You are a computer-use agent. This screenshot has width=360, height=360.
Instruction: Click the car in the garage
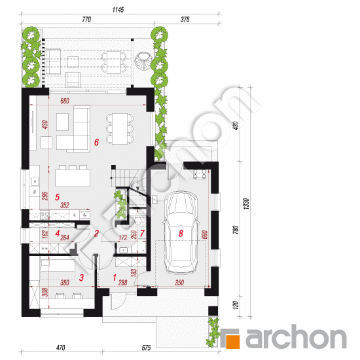point(181,232)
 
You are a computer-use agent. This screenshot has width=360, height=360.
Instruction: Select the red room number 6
point(96,142)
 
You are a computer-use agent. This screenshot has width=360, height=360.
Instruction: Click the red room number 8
point(181,234)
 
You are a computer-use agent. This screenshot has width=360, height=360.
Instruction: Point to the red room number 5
point(57,197)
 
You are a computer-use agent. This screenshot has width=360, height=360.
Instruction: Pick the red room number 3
point(81,278)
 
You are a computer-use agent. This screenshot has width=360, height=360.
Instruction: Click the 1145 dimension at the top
point(118,10)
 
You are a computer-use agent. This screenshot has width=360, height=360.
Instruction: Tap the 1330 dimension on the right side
point(246,204)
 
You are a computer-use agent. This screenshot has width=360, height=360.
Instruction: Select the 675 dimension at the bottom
point(146,348)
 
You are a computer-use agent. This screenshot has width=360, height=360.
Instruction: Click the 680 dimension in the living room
point(65,101)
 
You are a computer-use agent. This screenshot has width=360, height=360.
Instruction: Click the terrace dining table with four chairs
point(114,62)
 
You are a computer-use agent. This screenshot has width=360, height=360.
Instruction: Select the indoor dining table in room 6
point(120,128)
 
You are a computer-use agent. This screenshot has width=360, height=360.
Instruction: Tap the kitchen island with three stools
point(73,176)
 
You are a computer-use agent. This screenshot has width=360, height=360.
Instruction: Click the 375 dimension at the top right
point(185,20)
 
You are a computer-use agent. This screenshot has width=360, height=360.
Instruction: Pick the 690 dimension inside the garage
point(205,234)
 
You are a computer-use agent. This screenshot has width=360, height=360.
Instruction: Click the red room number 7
point(142,233)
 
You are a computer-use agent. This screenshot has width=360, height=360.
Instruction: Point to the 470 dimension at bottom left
point(61,348)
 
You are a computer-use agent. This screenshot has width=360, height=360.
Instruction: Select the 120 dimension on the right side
point(236,305)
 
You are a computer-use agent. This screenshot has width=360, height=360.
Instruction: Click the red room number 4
point(58,233)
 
